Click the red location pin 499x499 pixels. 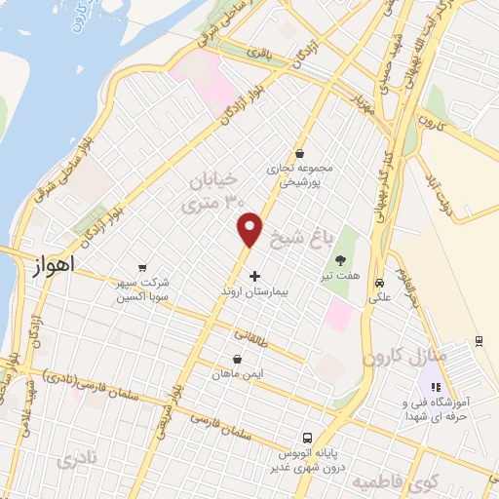pos(250,229)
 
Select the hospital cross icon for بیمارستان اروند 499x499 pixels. pos(255,277)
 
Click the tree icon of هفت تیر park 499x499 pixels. pos(341,260)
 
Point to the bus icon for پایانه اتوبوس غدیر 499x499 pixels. pos(307,438)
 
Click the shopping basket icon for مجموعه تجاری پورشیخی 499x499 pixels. pos(299,154)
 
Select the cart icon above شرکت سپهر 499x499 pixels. pos(143,266)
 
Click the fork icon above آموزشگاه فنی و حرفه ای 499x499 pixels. pos(435,388)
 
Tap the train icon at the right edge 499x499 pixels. pos(480,340)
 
